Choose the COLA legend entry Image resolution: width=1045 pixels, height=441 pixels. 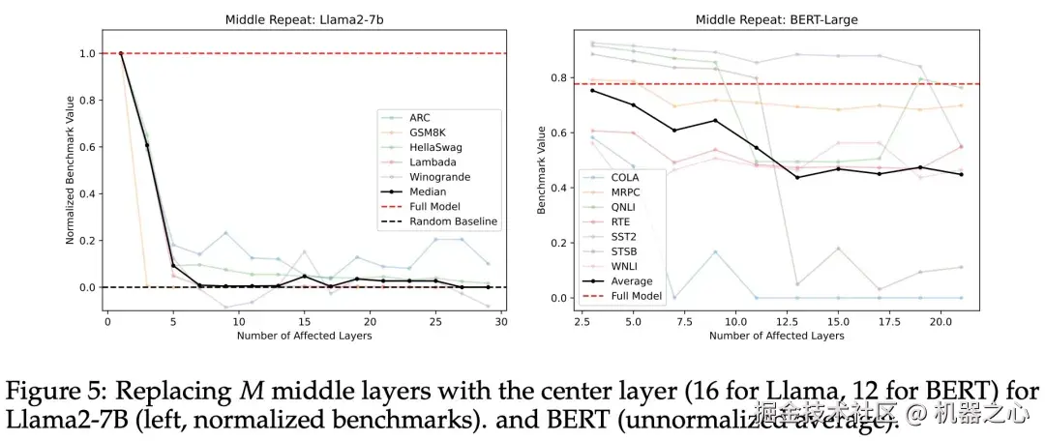click(624, 177)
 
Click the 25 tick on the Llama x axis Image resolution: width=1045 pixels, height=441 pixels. click(435, 321)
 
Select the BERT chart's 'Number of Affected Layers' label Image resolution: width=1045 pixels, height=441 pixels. click(776, 336)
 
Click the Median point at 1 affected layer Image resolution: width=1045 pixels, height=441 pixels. click(121, 54)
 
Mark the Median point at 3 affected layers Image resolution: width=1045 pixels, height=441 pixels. click(147, 145)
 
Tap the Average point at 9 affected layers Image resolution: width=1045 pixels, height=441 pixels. click(714, 120)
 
